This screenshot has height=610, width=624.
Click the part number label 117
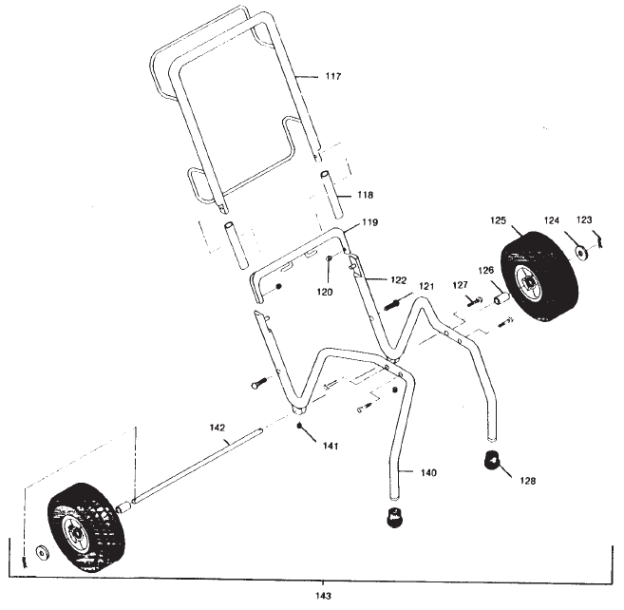[x=331, y=76]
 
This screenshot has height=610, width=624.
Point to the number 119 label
[x=369, y=225]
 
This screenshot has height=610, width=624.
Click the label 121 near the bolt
[x=426, y=286]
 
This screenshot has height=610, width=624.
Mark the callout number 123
[x=586, y=220]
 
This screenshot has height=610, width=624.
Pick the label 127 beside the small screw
[x=461, y=285]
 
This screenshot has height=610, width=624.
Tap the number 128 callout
[x=527, y=481]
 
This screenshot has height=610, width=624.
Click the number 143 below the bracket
[x=326, y=596]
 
